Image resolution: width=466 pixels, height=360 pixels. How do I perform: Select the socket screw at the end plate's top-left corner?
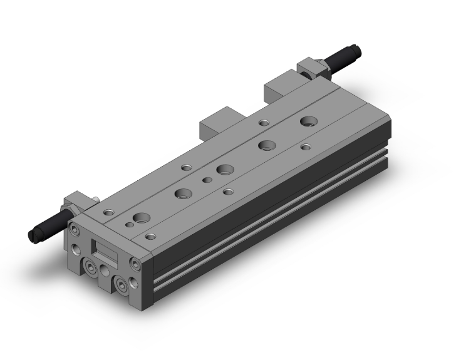pos(75,226)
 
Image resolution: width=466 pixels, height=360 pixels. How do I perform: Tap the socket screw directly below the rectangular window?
pos(93,268)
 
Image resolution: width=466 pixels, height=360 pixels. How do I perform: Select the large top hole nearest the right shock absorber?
pos(308,121)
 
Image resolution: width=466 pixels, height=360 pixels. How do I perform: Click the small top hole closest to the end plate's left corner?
pos(109,212)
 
